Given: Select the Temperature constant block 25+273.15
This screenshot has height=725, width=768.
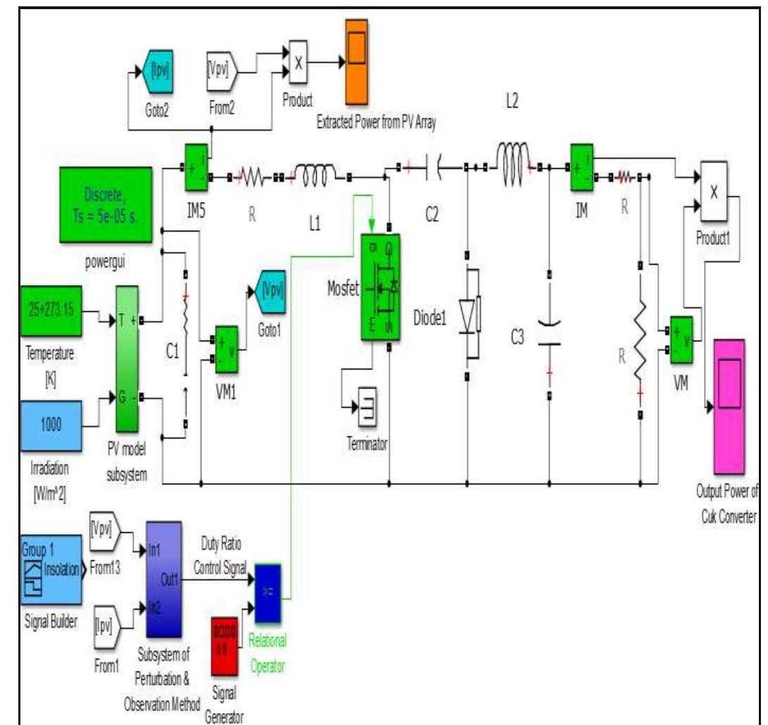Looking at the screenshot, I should coord(51,310).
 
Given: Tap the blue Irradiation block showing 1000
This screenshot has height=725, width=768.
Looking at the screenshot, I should coord(51,424).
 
